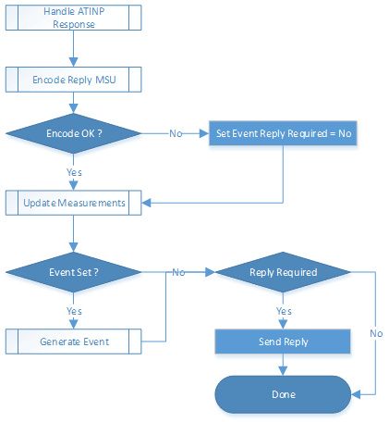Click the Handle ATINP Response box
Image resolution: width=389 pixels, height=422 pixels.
[x=74, y=17]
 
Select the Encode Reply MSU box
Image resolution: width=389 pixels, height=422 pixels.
[x=74, y=81]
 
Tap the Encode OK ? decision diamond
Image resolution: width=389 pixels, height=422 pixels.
[x=74, y=133]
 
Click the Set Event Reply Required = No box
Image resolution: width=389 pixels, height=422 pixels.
[x=283, y=133]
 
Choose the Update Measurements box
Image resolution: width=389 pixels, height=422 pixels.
[x=74, y=202]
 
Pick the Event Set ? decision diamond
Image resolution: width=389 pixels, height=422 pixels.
[x=74, y=273]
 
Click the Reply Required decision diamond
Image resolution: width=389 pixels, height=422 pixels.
[x=283, y=273]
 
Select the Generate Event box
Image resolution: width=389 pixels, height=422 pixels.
[x=74, y=341]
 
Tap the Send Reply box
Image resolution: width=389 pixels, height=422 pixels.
[x=283, y=341]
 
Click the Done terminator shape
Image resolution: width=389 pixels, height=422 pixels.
[x=283, y=394]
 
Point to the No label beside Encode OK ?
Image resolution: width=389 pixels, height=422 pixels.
[x=175, y=133]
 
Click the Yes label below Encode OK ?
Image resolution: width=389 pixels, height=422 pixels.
[x=74, y=172]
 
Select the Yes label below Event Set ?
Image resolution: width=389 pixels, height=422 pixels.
[x=74, y=311]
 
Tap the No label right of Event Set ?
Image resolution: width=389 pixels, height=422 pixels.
[x=179, y=273]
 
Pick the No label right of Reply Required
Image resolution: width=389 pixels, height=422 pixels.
[x=376, y=332]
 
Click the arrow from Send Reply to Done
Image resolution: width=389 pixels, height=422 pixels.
[x=283, y=366]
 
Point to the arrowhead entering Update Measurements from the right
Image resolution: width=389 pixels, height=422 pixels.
[x=148, y=202]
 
